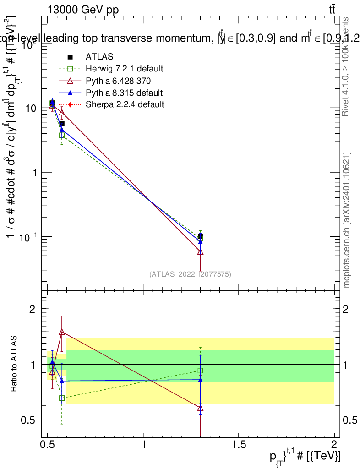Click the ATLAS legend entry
99,57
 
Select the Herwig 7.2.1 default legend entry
124,69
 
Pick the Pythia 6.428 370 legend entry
118,81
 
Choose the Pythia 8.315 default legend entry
124,93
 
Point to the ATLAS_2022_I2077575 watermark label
190,274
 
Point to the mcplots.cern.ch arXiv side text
347,220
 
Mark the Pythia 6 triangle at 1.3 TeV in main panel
200,251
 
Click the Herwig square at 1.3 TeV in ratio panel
200,371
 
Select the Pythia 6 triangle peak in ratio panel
62,332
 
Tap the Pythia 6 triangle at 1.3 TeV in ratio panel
200,408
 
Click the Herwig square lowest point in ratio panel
62,398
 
